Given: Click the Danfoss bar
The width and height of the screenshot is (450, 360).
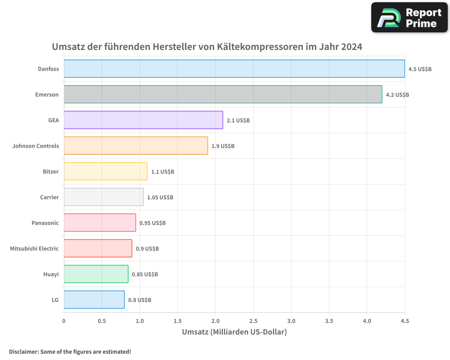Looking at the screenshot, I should pyautogui.click(x=234, y=69).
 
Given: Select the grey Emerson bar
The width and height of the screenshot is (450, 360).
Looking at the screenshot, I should pyautogui.click(x=223, y=94).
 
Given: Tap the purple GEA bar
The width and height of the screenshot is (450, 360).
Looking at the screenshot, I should pyautogui.click(x=143, y=120).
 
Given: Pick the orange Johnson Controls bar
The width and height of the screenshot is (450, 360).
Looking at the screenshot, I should pyautogui.click(x=135, y=146).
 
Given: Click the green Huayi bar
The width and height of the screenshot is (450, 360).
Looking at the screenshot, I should pyautogui.click(x=96, y=274).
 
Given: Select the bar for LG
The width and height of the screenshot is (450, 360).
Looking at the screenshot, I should pyautogui.click(x=94, y=300).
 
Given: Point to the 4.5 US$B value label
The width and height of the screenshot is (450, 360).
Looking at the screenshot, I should pyautogui.click(x=420, y=69).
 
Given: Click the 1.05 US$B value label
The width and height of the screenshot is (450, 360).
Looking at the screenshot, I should pyautogui.click(x=160, y=198).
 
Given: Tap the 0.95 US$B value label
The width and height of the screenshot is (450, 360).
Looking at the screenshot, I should pyautogui.click(x=153, y=223).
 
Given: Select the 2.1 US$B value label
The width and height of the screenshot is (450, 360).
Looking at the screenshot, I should pyautogui.click(x=238, y=121).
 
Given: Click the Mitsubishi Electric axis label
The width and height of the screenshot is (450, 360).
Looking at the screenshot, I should pyautogui.click(x=34, y=248).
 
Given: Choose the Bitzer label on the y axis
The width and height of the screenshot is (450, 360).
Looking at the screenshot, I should pyautogui.click(x=50, y=171).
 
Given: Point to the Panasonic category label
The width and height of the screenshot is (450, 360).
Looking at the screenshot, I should pyautogui.click(x=45, y=223).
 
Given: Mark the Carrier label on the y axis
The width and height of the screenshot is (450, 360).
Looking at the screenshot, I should pyautogui.click(x=49, y=197).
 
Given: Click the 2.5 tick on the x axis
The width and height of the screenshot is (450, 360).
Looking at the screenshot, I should pyautogui.click(x=253, y=321).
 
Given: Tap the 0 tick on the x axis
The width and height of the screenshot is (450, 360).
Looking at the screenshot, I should pyautogui.click(x=64, y=321).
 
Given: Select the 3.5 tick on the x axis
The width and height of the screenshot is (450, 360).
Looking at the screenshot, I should pyautogui.click(x=329, y=321).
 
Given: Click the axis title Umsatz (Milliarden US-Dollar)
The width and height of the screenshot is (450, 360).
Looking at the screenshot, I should pyautogui.click(x=234, y=332).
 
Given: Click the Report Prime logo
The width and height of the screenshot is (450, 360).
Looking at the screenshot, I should pyautogui.click(x=409, y=18).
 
